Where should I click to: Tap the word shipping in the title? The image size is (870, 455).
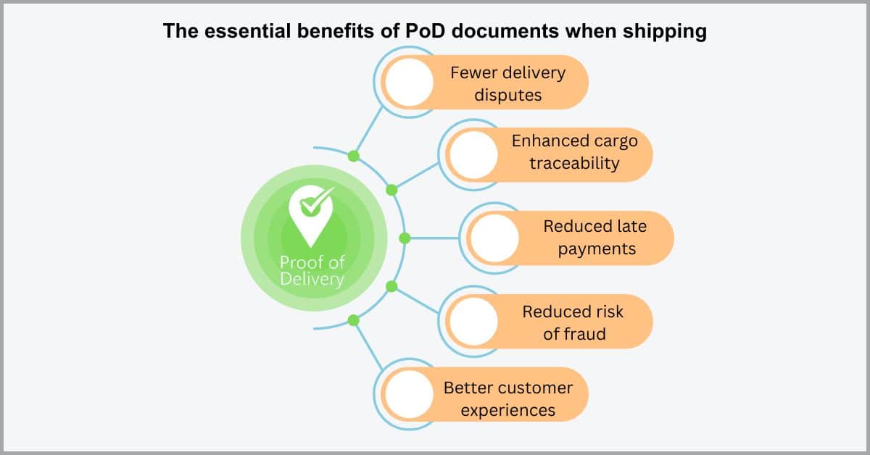coord(665,31)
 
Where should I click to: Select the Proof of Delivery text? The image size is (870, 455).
coord(312,270)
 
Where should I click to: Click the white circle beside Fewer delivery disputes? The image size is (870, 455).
coord(409,82)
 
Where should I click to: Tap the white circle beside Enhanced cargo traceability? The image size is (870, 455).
coord(473,155)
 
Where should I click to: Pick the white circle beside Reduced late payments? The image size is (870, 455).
coord(494,238)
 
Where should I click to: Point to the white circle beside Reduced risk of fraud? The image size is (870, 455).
coord(473,321)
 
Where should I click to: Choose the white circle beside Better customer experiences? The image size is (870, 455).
coord(409,394)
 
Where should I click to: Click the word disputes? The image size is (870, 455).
coord(508,95)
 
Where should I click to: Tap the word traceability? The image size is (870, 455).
coord(574,163)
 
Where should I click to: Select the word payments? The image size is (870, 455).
coord(597,249)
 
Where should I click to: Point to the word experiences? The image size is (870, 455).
coord(508,410)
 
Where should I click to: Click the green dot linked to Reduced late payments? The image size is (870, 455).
coord(405,238)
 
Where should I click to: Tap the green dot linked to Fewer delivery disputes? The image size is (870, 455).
coord(354,156)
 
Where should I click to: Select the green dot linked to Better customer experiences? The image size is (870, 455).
coord(354,320)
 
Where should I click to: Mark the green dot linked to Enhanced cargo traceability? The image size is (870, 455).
coord(391,191)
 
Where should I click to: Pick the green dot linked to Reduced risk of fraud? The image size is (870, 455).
coord(391,286)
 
